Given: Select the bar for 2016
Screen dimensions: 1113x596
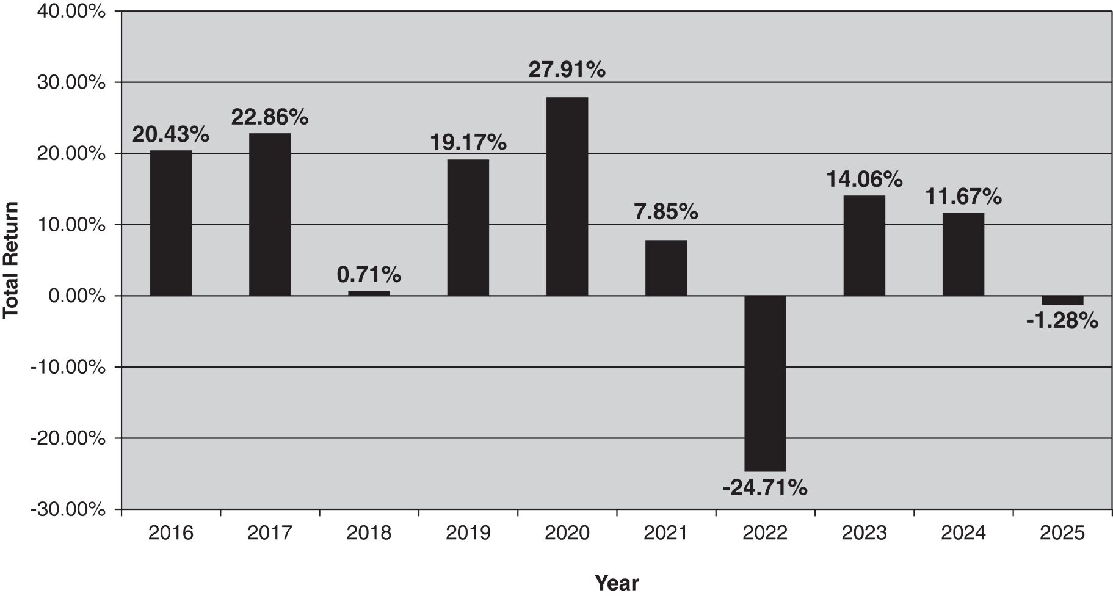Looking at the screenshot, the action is [x=171, y=223].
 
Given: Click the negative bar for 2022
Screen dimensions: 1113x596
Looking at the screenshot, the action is [x=765, y=383].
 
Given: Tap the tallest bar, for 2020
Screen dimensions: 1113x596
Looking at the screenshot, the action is [x=567, y=197].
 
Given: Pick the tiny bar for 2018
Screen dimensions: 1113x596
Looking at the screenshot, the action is [x=369, y=293].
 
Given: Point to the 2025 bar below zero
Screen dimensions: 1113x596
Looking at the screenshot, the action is [x=1062, y=300].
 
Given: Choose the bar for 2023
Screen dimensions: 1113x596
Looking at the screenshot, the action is [x=864, y=245].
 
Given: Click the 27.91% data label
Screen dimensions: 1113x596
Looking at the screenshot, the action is [x=567, y=70].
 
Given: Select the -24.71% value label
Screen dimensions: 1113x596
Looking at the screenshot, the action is [x=764, y=488].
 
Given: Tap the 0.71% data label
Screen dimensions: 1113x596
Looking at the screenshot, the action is [x=369, y=275].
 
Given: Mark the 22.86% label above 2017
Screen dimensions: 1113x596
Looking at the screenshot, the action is [x=269, y=117].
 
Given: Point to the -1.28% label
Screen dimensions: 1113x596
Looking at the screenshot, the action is [x=1062, y=321].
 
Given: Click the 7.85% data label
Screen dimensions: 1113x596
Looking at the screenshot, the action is [x=665, y=212].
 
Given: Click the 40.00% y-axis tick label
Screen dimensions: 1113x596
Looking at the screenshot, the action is [x=71, y=11].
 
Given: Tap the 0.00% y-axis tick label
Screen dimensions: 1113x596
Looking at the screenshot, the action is [x=77, y=296].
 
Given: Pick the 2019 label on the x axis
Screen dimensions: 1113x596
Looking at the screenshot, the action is [x=468, y=533].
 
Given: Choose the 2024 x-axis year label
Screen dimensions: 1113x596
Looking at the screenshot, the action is [x=963, y=533].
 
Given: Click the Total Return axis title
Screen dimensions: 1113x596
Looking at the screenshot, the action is [x=11, y=260].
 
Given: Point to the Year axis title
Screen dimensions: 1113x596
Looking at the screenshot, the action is [x=617, y=583].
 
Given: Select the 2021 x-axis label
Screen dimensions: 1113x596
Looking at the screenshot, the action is [x=665, y=533].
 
